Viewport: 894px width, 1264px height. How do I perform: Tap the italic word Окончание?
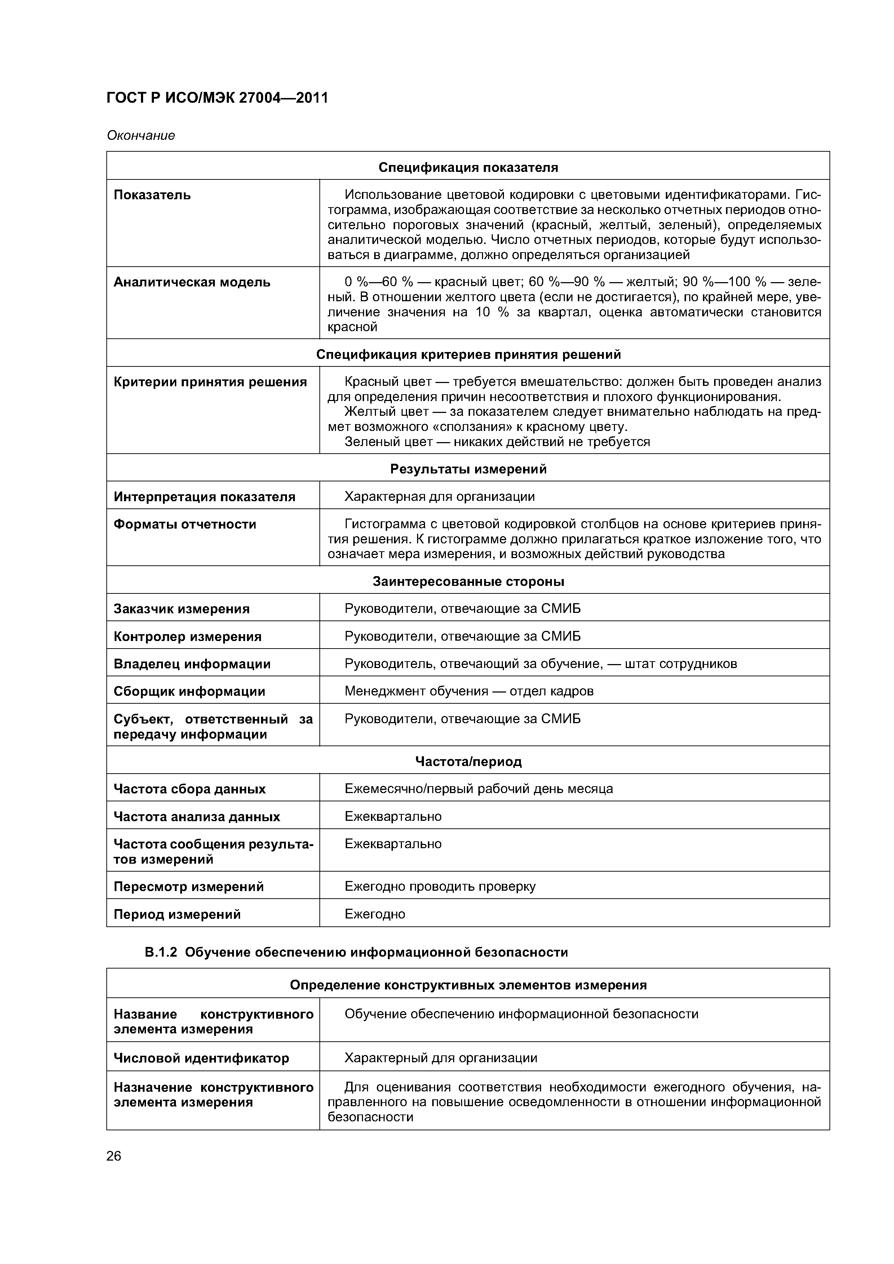coord(141,135)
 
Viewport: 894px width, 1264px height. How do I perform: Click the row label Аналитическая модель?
coord(192,282)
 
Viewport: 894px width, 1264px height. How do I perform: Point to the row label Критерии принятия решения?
coord(210,382)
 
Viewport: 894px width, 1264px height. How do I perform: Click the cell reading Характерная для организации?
coord(439,497)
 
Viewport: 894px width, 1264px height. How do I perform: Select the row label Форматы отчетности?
coord(185,524)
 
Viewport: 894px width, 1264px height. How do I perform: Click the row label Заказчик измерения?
coord(181,609)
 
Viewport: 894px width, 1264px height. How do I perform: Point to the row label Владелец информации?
coord(192,664)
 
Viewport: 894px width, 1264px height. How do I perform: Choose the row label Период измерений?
coord(177,914)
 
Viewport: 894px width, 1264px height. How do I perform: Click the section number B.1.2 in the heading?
coord(160,952)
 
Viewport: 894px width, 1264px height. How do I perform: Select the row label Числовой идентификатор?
coord(201,1058)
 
